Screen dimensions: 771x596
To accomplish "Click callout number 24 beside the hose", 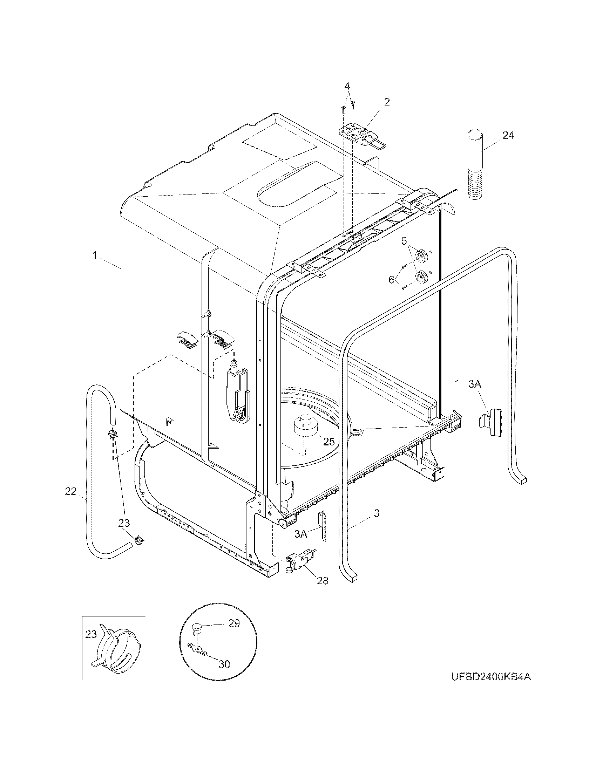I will click(x=508, y=136).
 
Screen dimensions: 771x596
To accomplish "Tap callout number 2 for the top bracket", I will click(x=387, y=102).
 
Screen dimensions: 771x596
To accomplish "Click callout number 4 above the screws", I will click(x=347, y=86).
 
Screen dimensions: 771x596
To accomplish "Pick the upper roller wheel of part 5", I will click(x=421, y=255).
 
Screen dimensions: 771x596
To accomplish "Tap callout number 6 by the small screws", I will click(x=391, y=280).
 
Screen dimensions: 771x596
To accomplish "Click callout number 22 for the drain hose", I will click(x=70, y=491).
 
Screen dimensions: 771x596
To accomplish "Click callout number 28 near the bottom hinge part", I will click(x=322, y=580).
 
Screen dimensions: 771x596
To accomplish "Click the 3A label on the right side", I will click(x=475, y=384).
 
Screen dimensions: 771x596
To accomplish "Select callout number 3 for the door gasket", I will click(x=377, y=513).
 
